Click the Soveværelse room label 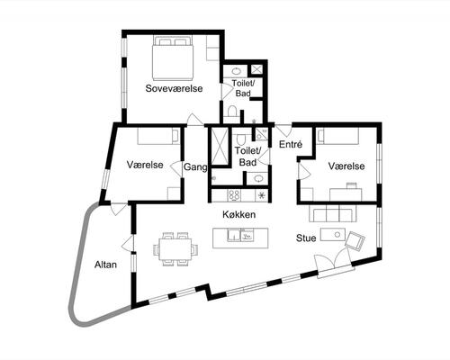coord(174,88)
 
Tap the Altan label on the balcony coord(105,265)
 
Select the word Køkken coord(239,214)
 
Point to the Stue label coord(306,238)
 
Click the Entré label coord(291,144)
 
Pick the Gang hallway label coord(195,167)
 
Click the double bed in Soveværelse coord(173,58)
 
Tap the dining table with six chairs coord(175,249)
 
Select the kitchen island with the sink coord(240,238)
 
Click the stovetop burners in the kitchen coord(235,195)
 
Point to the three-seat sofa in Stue coord(333,213)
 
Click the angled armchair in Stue coord(355,240)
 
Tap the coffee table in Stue coord(333,234)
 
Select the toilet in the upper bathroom coord(232,112)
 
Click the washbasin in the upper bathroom coord(237,71)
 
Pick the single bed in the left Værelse coord(159,137)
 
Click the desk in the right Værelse coord(346,194)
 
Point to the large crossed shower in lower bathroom coord(220,146)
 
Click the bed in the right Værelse coord(337,137)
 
